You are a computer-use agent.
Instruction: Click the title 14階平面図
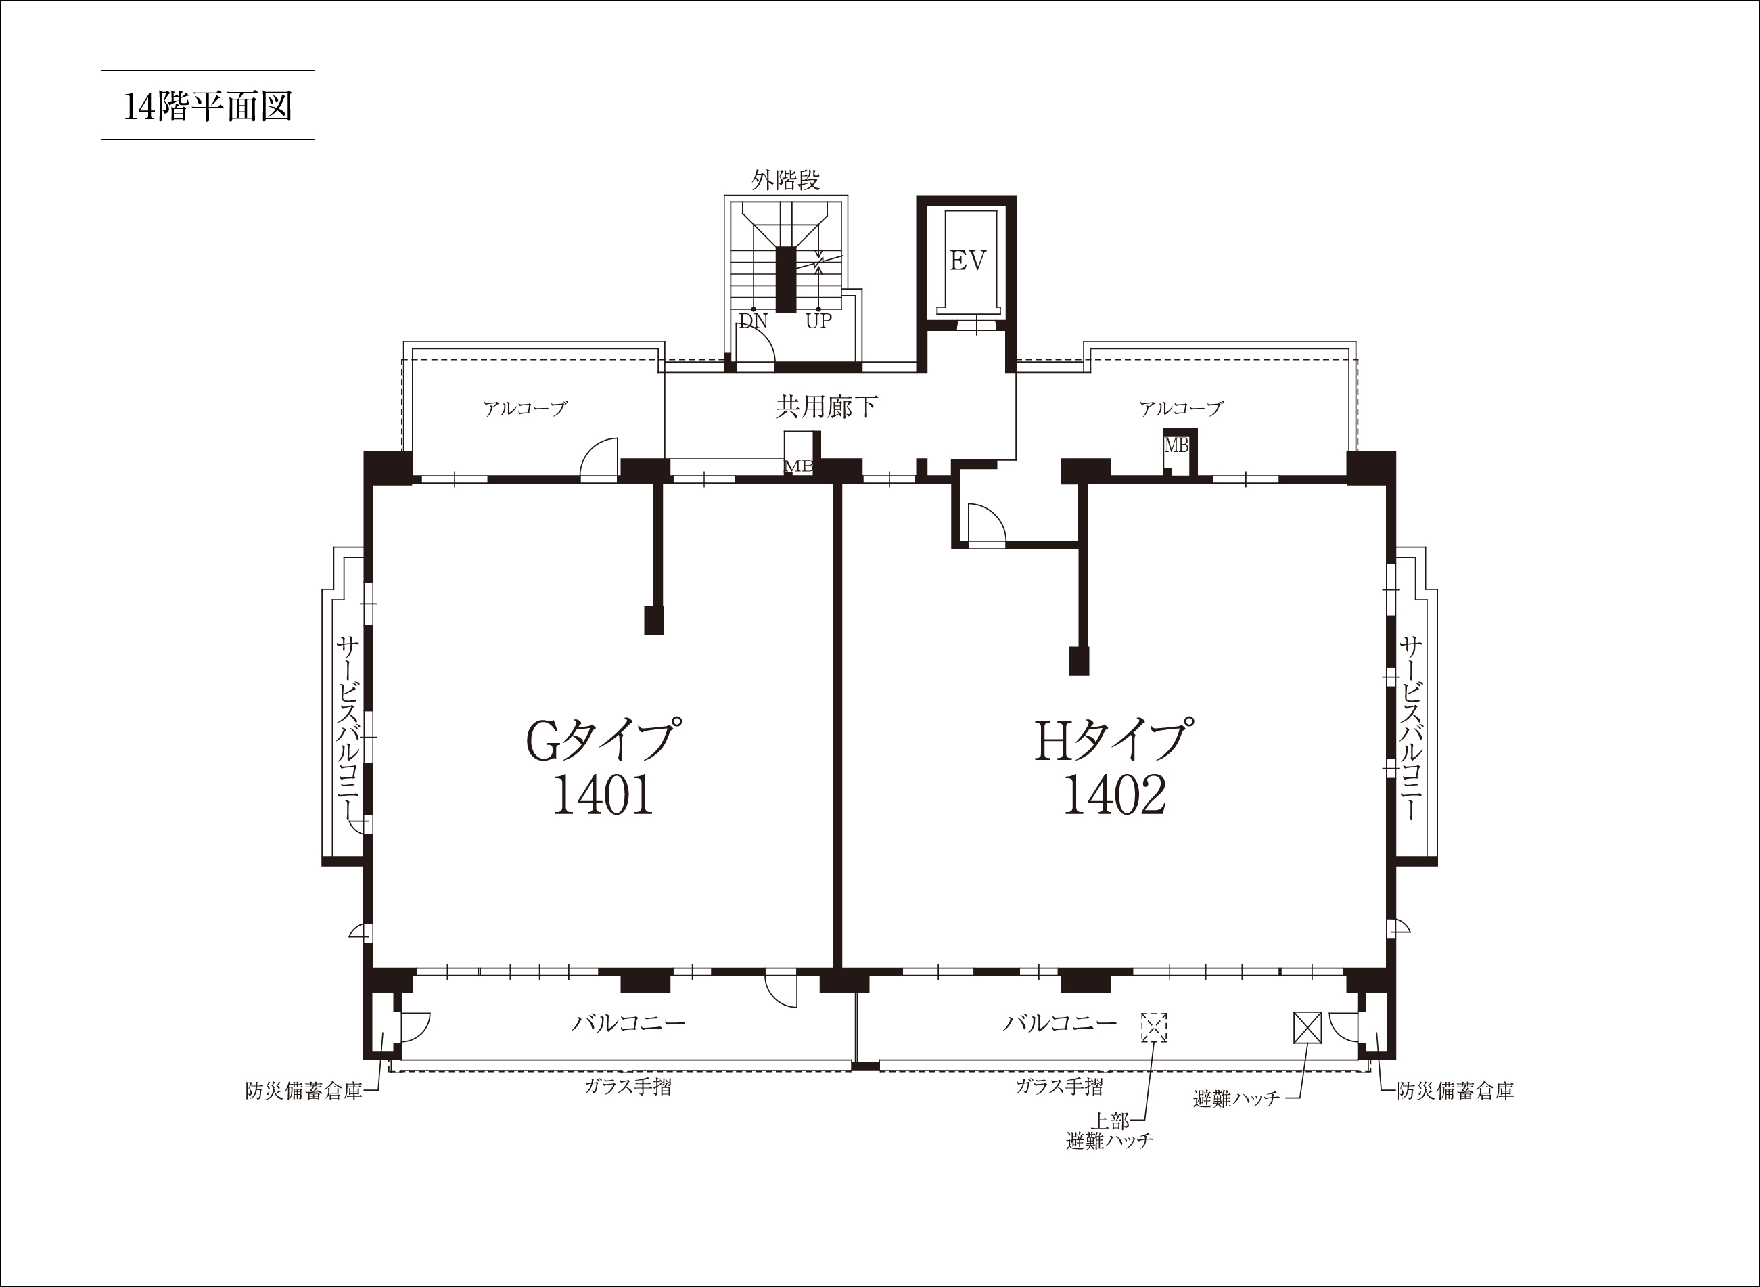click(x=208, y=106)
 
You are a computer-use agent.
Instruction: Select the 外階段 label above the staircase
click(x=786, y=181)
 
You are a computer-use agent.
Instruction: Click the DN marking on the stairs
click(x=753, y=320)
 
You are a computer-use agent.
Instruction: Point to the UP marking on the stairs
click(x=818, y=320)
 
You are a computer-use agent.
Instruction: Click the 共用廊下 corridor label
click(x=827, y=406)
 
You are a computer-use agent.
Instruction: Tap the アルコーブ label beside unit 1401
click(x=525, y=408)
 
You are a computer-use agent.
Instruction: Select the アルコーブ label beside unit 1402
click(x=1182, y=408)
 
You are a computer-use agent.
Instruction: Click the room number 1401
click(x=603, y=796)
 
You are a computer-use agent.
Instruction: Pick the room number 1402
click(x=1115, y=796)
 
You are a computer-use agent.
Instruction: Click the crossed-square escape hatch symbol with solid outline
click(x=1307, y=1026)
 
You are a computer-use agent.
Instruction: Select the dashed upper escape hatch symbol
click(x=1154, y=1026)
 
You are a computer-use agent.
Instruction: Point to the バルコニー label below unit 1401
click(x=628, y=1023)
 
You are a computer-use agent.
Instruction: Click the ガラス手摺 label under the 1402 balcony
click(x=1059, y=1086)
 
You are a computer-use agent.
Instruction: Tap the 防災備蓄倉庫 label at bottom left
click(x=304, y=1091)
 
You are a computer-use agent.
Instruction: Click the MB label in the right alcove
click(x=1177, y=446)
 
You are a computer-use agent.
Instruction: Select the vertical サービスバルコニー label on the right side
click(x=1411, y=728)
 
